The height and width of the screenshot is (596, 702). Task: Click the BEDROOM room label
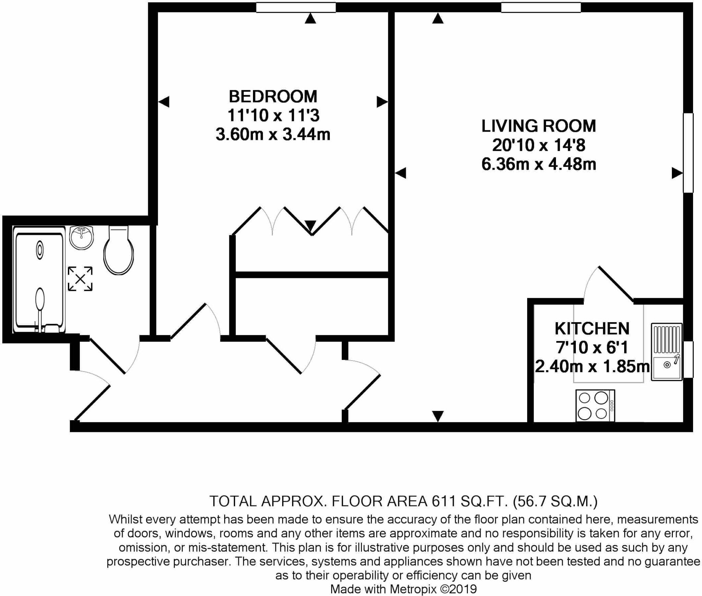pyautogui.click(x=273, y=97)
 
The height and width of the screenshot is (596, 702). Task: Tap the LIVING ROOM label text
pyautogui.click(x=538, y=126)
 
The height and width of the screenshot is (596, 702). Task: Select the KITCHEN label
pyautogui.click(x=592, y=329)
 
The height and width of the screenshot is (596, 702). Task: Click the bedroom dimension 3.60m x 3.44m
pyautogui.click(x=273, y=134)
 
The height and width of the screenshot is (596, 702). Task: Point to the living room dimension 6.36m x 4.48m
pyautogui.click(x=538, y=165)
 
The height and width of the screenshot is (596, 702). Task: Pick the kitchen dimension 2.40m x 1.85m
pyautogui.click(x=592, y=367)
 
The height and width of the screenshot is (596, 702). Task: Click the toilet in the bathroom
pyautogui.click(x=118, y=252)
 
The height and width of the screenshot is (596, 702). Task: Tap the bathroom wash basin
pyautogui.click(x=81, y=237)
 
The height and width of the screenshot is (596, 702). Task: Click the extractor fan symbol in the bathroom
pyautogui.click(x=80, y=279)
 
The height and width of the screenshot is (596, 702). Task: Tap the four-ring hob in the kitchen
pyautogui.click(x=595, y=406)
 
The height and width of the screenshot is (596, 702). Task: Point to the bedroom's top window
pyautogui.click(x=296, y=7)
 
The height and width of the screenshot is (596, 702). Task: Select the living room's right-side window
pyautogui.click(x=688, y=153)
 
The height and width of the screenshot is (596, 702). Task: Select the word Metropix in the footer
pyautogui.click(x=413, y=589)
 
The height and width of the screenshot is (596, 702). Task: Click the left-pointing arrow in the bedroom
pyautogui.click(x=164, y=102)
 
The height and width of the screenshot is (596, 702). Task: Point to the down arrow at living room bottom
pyautogui.click(x=438, y=416)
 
